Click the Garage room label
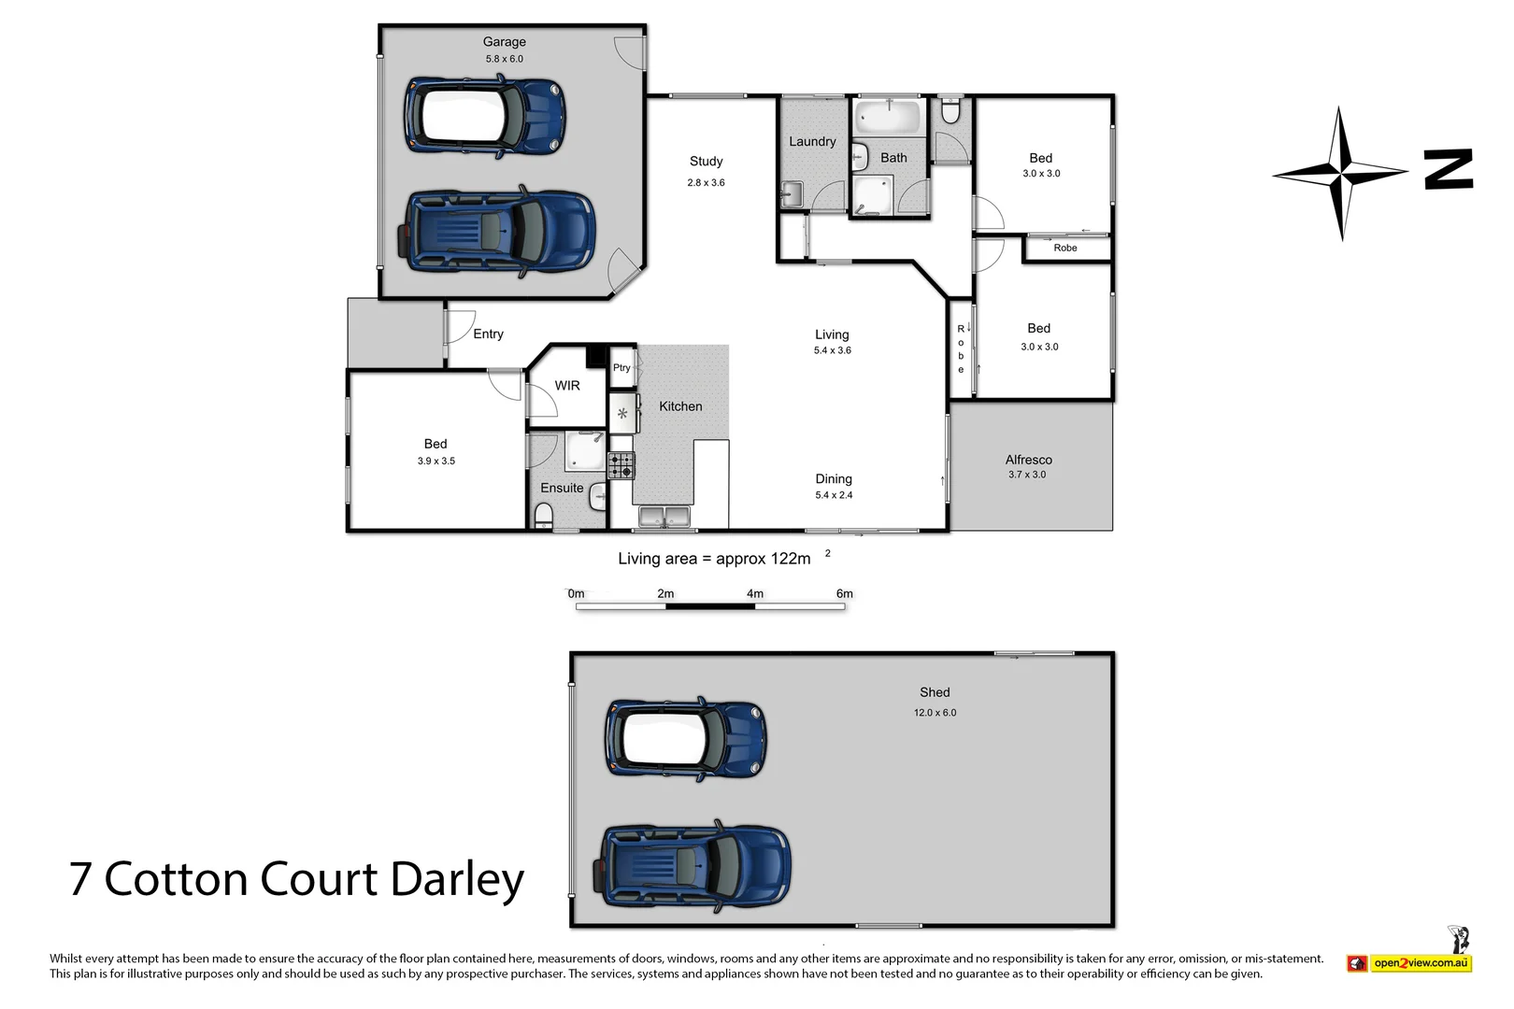click(x=504, y=42)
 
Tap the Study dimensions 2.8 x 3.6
click(x=706, y=183)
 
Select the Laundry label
click(x=812, y=142)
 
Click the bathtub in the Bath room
click(x=889, y=118)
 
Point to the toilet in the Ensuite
click(x=544, y=515)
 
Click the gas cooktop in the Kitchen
click(x=621, y=465)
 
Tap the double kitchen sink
click(x=664, y=516)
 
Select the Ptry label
click(x=621, y=368)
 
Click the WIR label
click(x=567, y=386)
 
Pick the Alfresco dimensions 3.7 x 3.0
click(x=1027, y=475)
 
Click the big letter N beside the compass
click(x=1449, y=170)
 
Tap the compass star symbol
click(x=1340, y=173)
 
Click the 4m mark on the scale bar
click(x=755, y=594)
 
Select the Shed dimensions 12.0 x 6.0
click(x=935, y=713)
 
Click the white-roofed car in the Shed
click(x=686, y=740)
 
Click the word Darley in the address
click(x=457, y=880)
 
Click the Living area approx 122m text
click(x=715, y=559)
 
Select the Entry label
click(x=488, y=334)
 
